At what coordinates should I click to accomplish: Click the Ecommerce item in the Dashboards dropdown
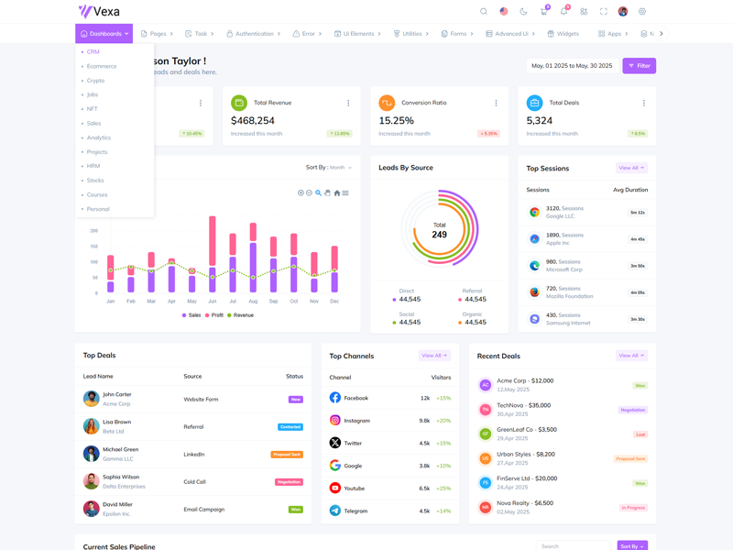click(102, 66)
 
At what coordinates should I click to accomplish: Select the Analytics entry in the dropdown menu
click(99, 137)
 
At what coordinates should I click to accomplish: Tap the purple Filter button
click(640, 66)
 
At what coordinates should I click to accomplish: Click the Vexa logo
click(99, 12)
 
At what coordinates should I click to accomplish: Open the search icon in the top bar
click(484, 12)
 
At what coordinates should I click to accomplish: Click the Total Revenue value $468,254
click(253, 120)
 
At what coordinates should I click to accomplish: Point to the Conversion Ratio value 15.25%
click(396, 120)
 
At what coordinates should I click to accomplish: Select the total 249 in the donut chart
click(439, 235)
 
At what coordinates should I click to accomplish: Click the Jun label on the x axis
click(213, 302)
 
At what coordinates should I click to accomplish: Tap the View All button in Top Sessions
click(631, 168)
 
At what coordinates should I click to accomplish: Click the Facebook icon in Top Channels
click(335, 398)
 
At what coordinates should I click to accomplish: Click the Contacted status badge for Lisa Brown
click(290, 427)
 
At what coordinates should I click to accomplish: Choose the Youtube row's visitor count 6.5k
click(425, 489)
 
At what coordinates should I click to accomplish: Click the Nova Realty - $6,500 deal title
click(525, 502)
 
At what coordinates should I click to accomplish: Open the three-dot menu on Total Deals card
click(644, 104)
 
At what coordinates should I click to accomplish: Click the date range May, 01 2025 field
click(570, 66)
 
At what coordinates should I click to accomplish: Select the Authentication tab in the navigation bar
click(254, 34)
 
